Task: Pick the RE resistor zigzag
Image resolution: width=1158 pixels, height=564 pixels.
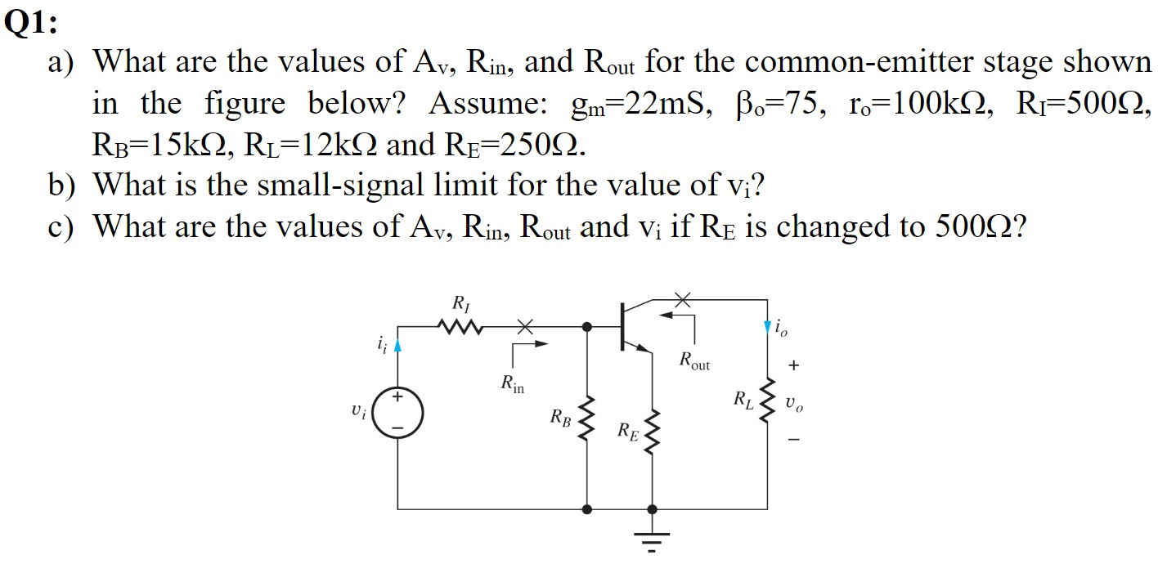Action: (x=652, y=432)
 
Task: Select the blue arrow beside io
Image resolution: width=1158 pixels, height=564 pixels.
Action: (x=767, y=327)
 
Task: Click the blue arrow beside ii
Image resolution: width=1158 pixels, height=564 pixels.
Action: (x=398, y=346)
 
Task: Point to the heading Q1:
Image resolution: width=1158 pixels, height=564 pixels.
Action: (x=31, y=24)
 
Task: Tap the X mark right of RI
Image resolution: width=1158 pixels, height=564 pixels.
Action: (x=523, y=327)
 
